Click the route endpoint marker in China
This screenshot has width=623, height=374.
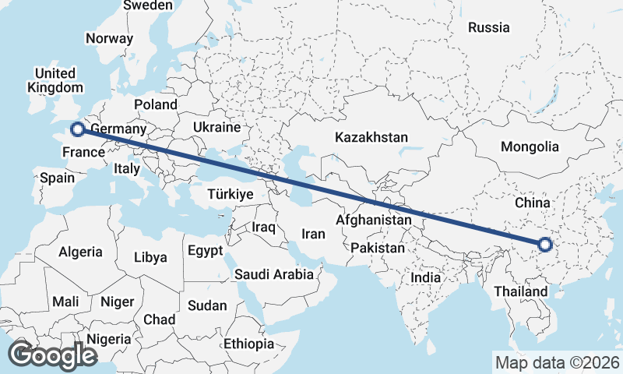[544, 245]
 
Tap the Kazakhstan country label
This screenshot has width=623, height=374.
[371, 137]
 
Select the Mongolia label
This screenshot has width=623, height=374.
[530, 146]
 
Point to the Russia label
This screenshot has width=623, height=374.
[488, 27]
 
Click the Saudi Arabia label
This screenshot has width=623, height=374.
[273, 274]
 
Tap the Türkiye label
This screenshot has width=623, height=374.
[231, 194]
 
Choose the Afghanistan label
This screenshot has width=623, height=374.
[373, 221]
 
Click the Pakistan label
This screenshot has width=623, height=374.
[378, 248]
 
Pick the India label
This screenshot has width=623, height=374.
[425, 277]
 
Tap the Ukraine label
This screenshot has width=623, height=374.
[217, 126]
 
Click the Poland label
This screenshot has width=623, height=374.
[156, 104]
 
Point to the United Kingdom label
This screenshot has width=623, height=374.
[55, 79]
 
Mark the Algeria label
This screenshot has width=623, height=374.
[80, 252]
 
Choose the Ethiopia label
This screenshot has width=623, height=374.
[249, 344]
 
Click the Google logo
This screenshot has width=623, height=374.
[52, 355]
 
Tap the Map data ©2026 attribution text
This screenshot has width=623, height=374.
[558, 362]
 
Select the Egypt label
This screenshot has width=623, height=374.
[205, 251]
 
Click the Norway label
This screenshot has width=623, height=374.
[109, 38]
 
